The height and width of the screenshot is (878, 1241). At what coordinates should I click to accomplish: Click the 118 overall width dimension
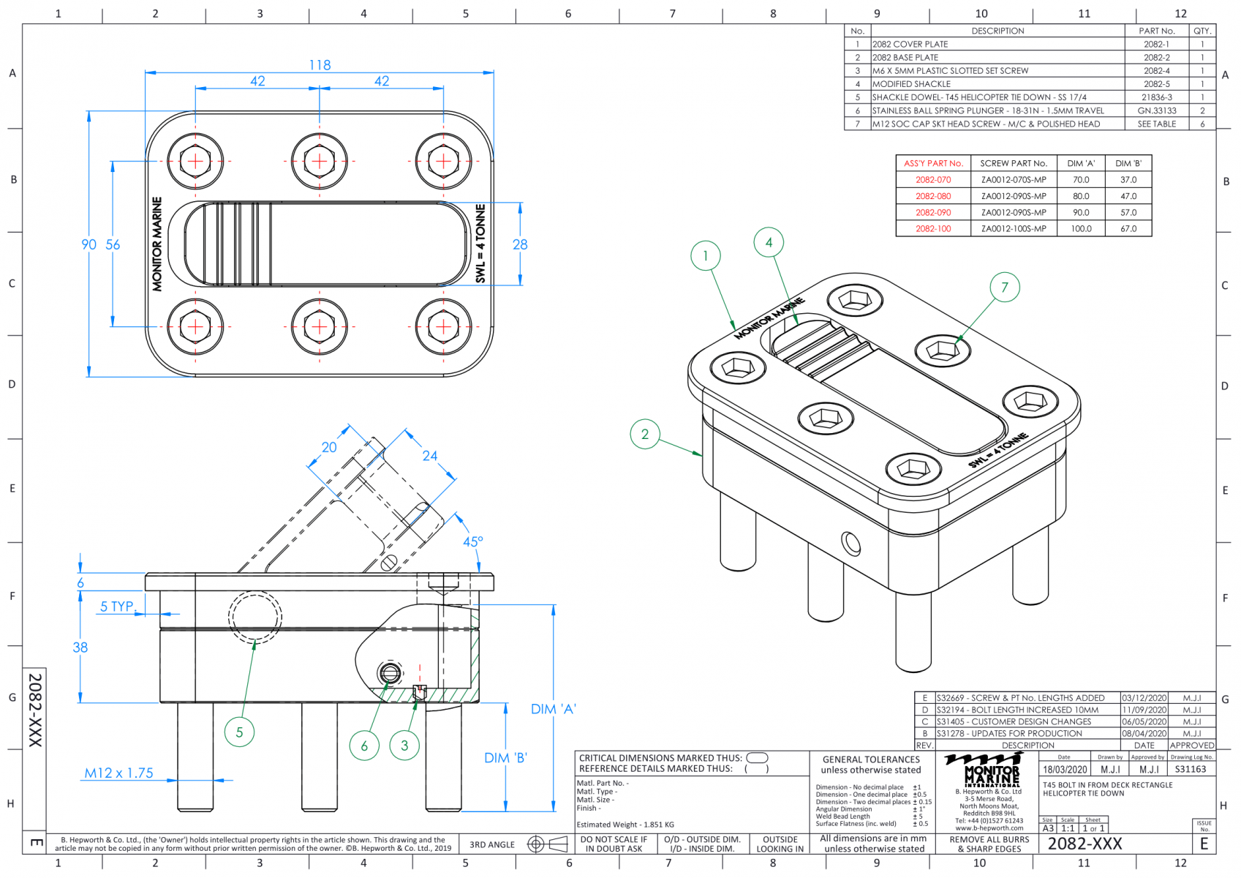tap(320, 65)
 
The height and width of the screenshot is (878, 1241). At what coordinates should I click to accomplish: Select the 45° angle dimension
tap(472, 542)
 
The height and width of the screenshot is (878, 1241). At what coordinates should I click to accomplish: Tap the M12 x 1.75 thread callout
tap(118, 773)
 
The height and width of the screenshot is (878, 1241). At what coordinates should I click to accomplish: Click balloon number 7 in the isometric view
tap(1004, 288)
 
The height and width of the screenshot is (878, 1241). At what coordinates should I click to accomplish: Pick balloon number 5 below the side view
tap(239, 732)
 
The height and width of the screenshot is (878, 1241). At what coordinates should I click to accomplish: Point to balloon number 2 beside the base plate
tap(644, 434)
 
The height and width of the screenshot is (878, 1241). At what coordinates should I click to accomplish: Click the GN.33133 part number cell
tap(1156, 110)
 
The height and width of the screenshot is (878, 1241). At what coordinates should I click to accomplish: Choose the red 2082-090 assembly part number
tap(933, 212)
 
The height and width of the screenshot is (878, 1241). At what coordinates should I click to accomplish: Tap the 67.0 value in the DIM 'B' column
tap(1128, 229)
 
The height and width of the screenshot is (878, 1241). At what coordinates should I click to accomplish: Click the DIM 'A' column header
tap(1081, 163)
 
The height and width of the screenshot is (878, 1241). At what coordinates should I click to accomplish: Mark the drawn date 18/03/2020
tap(1065, 770)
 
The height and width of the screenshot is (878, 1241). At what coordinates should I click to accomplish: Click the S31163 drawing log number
tap(1191, 770)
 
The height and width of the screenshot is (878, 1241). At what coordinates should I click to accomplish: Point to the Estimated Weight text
tap(625, 825)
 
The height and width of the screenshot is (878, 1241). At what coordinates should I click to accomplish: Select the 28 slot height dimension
tap(520, 244)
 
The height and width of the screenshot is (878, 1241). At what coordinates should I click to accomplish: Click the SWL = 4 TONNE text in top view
tap(480, 244)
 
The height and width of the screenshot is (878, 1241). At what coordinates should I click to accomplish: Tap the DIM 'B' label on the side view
tap(505, 758)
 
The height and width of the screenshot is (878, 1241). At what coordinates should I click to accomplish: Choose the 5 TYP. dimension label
tap(118, 607)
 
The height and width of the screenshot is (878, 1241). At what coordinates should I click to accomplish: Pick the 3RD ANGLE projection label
tap(491, 845)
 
